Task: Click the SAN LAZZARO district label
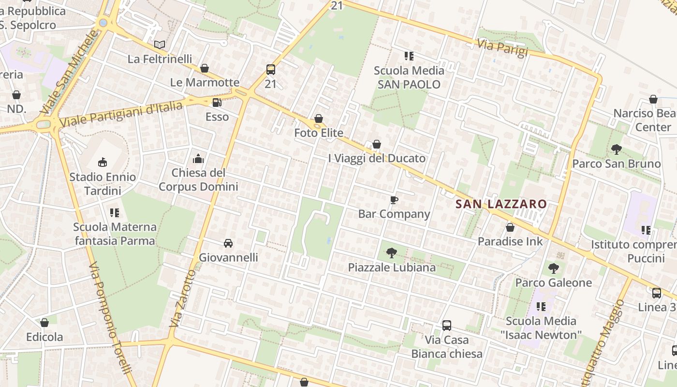click(501, 204)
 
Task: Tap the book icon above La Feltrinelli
click(160, 45)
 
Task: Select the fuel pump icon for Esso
click(217, 103)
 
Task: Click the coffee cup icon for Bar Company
click(394, 200)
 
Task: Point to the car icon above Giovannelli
click(228, 243)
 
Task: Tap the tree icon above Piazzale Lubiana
click(392, 253)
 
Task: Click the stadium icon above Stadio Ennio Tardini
click(103, 162)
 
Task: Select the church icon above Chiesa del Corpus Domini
click(198, 159)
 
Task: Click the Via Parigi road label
click(502, 48)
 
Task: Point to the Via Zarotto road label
click(182, 298)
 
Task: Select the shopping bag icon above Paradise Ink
click(510, 227)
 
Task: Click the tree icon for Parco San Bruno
click(616, 149)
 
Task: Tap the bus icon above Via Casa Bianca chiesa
click(447, 326)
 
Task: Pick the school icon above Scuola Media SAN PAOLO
click(409, 56)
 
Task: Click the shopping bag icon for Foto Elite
click(319, 119)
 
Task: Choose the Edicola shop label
click(44, 337)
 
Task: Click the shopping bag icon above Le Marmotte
click(205, 68)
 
